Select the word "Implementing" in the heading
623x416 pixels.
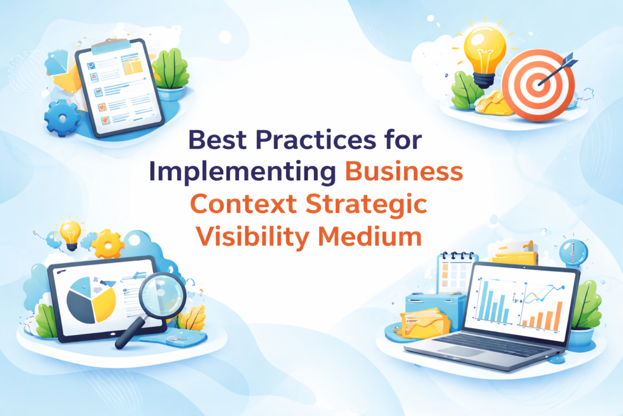[242, 172]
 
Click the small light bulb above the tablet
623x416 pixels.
[70, 231]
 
